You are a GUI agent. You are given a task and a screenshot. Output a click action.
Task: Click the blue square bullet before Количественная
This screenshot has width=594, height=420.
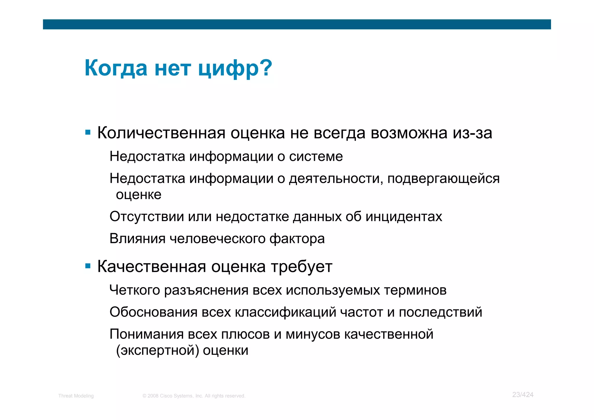(x=88, y=133)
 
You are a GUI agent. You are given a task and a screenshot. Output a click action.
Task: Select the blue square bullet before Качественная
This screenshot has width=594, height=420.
(x=88, y=266)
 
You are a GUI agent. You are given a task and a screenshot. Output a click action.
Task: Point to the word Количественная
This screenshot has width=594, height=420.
(x=161, y=133)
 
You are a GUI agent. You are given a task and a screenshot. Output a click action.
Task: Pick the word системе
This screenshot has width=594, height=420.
(x=316, y=157)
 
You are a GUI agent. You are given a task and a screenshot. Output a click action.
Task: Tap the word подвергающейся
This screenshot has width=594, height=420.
(x=443, y=179)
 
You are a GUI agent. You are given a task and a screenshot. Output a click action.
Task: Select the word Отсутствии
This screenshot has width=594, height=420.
(x=146, y=217)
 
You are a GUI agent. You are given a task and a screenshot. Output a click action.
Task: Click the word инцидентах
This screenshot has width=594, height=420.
(x=403, y=217)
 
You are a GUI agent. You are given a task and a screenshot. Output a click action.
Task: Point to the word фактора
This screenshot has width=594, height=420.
(x=297, y=239)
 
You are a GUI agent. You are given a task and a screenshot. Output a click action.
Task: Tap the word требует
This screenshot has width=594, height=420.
(x=302, y=266)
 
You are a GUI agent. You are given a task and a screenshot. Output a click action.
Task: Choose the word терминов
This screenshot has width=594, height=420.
(x=415, y=290)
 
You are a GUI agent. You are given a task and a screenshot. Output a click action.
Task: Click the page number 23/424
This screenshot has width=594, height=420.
(x=523, y=395)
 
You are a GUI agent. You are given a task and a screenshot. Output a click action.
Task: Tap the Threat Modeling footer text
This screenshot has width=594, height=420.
(x=76, y=396)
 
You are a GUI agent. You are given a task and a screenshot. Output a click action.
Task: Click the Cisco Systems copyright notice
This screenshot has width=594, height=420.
(x=194, y=396)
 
